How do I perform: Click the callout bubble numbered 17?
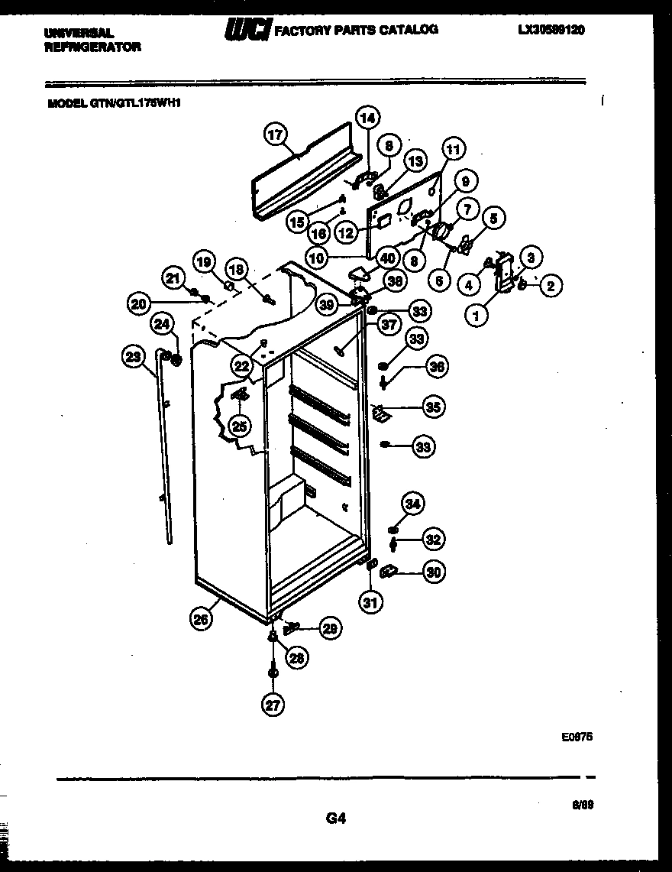pos(275,135)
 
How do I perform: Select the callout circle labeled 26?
pos(201,620)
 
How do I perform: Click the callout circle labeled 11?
pos(454,150)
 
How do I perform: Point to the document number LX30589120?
pos(556,30)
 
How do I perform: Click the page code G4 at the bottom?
pos(336,819)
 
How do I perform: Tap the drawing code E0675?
pos(577,737)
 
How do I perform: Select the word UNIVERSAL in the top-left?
pos(79,34)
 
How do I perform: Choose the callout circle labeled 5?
pos(493,219)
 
